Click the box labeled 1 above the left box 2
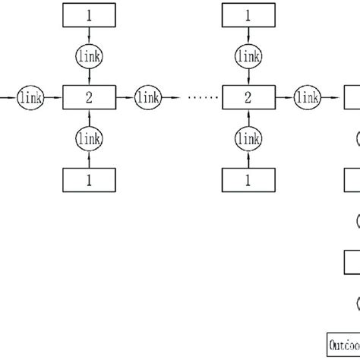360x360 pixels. pyautogui.click(x=90, y=14)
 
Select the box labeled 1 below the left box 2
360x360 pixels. pyautogui.click(x=90, y=180)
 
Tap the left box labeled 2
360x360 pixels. pyautogui.click(x=90, y=96)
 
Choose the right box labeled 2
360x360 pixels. pyautogui.click(x=248, y=96)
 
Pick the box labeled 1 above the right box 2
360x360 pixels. pyautogui.click(x=248, y=14)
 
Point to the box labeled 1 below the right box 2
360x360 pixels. pyautogui.click(x=248, y=180)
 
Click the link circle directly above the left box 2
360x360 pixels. pyautogui.click(x=90, y=55)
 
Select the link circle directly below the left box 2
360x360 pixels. pyautogui.click(x=90, y=138)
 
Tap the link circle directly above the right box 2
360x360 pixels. pyautogui.click(x=248, y=55)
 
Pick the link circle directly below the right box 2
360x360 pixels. pyautogui.click(x=248, y=138)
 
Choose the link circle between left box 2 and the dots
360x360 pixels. pyautogui.click(x=148, y=96)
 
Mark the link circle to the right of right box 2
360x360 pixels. pyautogui.click(x=307, y=96)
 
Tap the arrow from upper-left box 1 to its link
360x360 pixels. pyautogui.click(x=90, y=35)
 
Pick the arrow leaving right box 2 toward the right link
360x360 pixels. pyautogui.click(x=283, y=96)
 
